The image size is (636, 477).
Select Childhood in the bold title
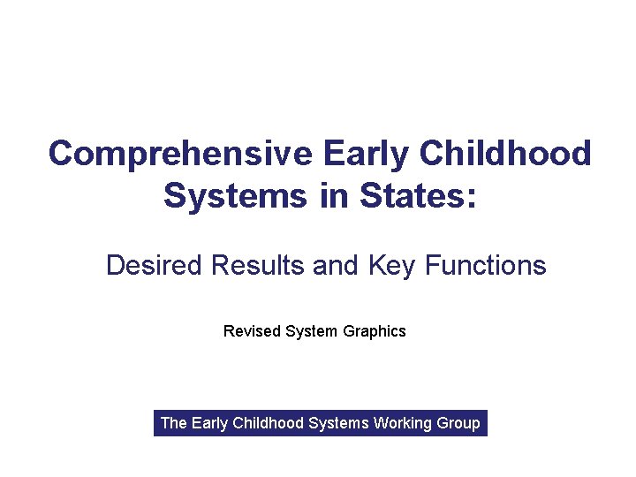coord(505,154)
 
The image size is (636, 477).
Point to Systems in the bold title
coord(223,195)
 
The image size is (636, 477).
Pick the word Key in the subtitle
coord(391,266)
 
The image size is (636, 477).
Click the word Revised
coord(252,331)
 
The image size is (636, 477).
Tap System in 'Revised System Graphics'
coord(312,332)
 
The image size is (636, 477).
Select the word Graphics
coord(375,332)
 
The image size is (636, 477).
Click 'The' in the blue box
coord(173,423)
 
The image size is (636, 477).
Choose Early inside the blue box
coord(209,424)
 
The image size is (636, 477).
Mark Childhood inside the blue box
coord(269,423)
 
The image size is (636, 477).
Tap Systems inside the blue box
coord(339,424)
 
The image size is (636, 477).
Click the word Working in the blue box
coord(402,424)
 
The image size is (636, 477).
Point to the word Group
coord(458,424)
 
